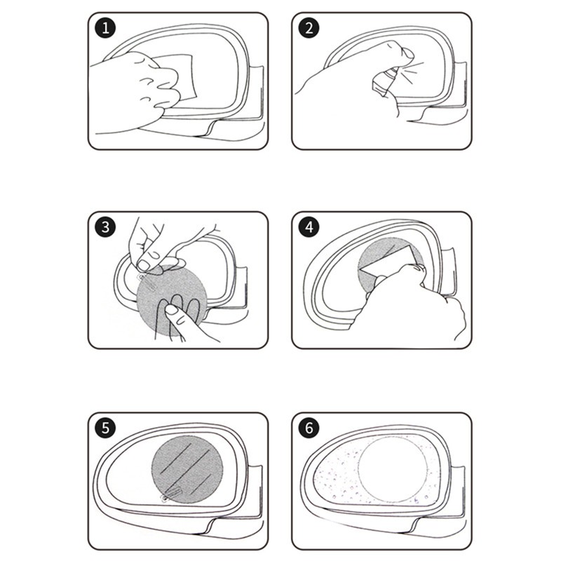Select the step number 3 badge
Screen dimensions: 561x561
pyautogui.click(x=105, y=228)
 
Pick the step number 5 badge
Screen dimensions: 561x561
pyautogui.click(x=105, y=428)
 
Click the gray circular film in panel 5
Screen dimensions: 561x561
pyautogui.click(x=187, y=466)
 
